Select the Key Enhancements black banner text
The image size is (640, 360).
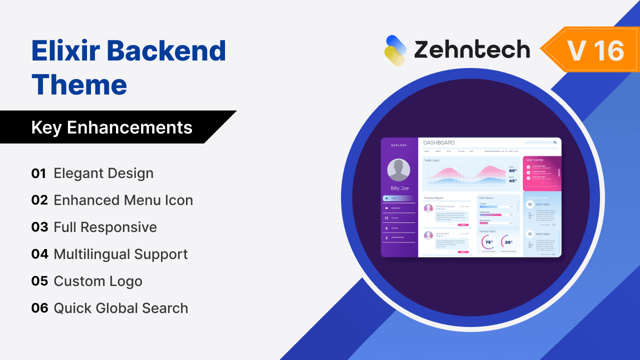click(111, 127)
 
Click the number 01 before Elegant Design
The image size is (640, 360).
click(39, 173)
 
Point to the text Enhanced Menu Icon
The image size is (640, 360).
click(123, 200)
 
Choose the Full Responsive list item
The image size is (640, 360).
click(105, 227)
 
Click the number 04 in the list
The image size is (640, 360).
click(39, 254)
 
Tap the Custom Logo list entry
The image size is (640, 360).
click(98, 281)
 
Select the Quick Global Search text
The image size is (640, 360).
click(120, 308)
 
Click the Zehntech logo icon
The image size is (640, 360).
click(395, 50)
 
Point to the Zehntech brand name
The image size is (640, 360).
click(471, 50)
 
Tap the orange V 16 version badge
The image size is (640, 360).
click(595, 50)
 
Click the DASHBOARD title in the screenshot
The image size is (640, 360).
click(439, 143)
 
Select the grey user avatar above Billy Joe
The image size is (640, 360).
click(398, 170)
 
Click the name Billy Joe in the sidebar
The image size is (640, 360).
click(399, 188)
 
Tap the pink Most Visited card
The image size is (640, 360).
click(542, 173)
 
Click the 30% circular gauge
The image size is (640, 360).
click(508, 242)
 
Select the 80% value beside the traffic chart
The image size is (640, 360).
click(512, 170)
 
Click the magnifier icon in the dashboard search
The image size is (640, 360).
click(555, 142)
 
